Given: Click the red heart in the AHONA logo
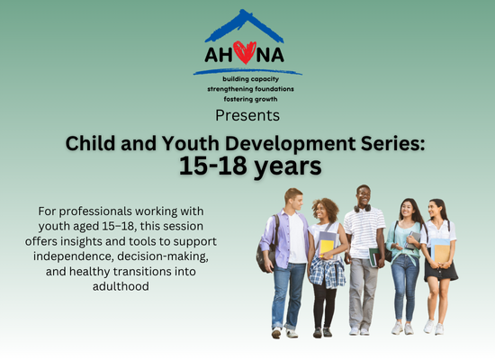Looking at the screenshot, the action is click(245, 52).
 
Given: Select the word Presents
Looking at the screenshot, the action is click(247, 115).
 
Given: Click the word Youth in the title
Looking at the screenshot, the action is click(191, 143).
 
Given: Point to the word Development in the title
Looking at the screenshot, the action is click(290, 144).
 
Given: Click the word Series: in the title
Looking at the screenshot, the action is click(392, 143).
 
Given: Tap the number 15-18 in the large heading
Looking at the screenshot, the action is click(213, 166).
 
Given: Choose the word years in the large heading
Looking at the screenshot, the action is click(288, 167).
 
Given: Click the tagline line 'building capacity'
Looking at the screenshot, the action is click(251, 79).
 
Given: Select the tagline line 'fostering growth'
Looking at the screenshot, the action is click(251, 99).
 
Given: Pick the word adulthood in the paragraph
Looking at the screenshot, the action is click(121, 286).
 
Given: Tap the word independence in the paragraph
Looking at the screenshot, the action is click(73, 256).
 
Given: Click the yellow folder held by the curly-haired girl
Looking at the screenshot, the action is click(327, 247).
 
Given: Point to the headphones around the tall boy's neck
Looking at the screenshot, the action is click(362, 209).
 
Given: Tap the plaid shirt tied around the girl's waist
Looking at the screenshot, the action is click(327, 272).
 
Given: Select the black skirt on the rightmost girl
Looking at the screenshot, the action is click(441, 271).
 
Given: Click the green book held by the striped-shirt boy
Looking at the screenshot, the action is click(374, 257).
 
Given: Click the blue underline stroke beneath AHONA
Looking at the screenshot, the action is click(247, 72).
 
